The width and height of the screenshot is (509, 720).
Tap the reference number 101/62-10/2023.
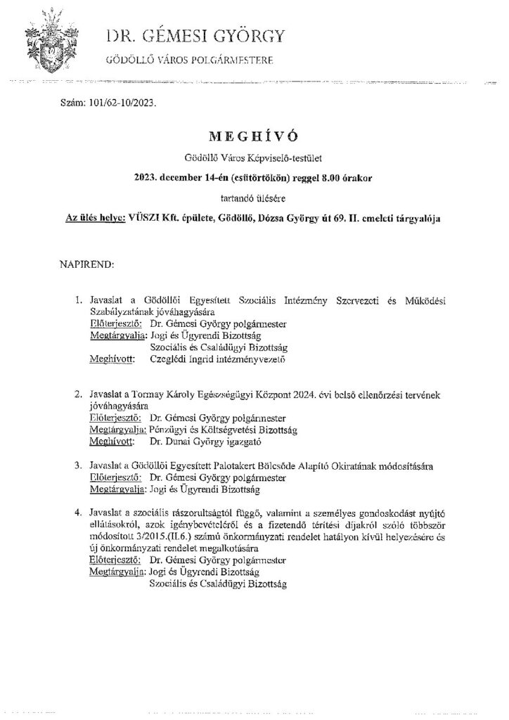point(120,102)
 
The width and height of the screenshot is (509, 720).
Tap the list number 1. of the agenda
point(79,301)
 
